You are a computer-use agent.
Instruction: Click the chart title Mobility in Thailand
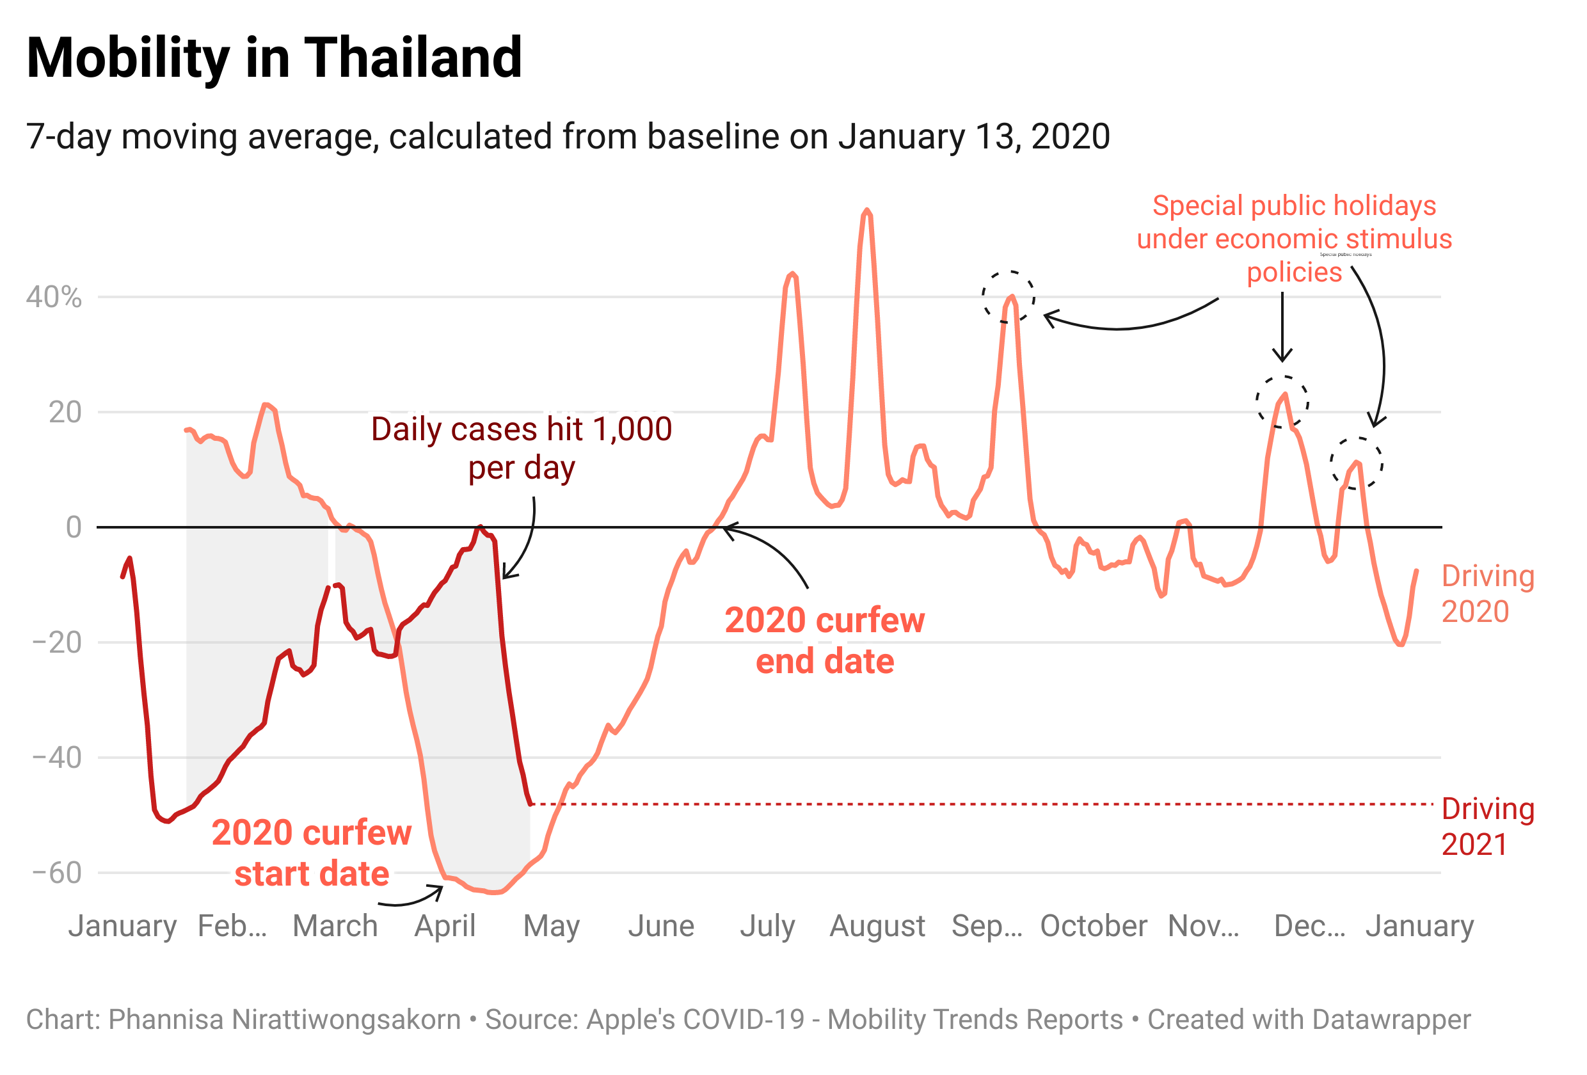tap(274, 58)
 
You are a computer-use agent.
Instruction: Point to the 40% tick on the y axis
tap(54, 298)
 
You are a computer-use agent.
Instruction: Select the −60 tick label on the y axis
tap(57, 873)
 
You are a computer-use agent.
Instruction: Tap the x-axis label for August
tap(877, 926)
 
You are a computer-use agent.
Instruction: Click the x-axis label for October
tap(1092, 926)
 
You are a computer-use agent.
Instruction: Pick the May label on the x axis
tap(551, 926)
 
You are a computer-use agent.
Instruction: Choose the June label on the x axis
tap(661, 926)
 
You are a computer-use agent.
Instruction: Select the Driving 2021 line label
tap(1487, 826)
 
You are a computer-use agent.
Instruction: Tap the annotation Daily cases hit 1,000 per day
tap(521, 449)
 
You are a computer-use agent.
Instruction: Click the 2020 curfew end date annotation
tap(824, 641)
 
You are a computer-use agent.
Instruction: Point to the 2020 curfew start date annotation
tap(312, 853)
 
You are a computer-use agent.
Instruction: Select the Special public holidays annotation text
tap(1293, 239)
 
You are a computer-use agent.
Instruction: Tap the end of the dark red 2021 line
tap(530, 804)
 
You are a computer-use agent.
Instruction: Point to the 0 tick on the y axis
tap(73, 527)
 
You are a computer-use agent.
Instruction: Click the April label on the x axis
tap(445, 926)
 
